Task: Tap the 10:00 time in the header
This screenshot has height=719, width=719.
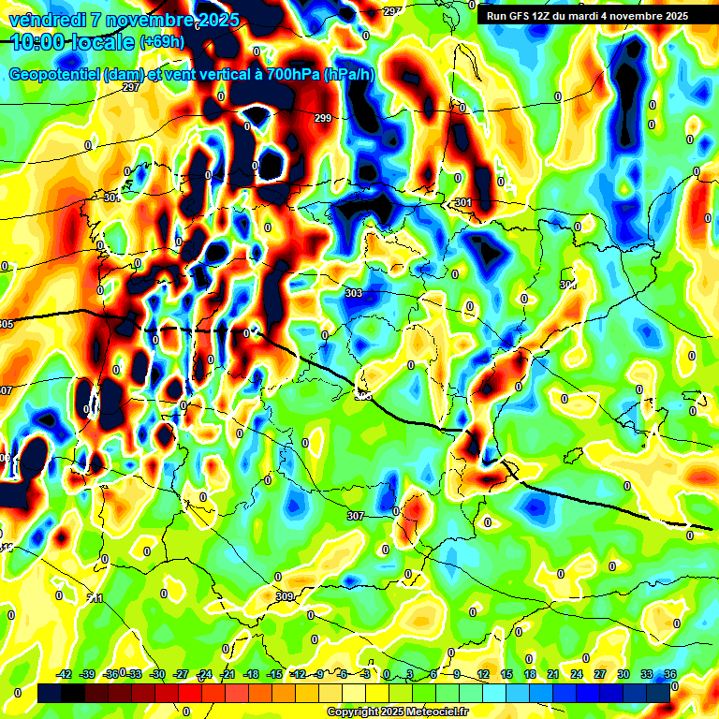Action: (x=36, y=42)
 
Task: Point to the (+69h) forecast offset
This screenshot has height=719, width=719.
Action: (x=162, y=42)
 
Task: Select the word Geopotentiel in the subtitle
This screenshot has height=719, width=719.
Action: (x=54, y=75)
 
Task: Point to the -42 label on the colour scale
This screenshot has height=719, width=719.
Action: (x=64, y=674)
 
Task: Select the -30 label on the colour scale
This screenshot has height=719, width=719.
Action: (x=157, y=674)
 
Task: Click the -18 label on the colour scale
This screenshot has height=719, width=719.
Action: (x=250, y=674)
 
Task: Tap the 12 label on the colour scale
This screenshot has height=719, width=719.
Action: (x=484, y=674)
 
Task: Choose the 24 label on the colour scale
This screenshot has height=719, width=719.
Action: (x=577, y=674)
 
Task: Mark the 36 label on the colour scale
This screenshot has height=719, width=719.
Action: (x=670, y=674)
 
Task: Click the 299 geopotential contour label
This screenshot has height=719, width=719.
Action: (x=323, y=118)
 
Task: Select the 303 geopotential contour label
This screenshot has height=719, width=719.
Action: (x=353, y=293)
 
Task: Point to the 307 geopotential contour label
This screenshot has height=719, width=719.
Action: (x=355, y=516)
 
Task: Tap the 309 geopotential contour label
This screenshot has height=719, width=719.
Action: (x=286, y=596)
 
